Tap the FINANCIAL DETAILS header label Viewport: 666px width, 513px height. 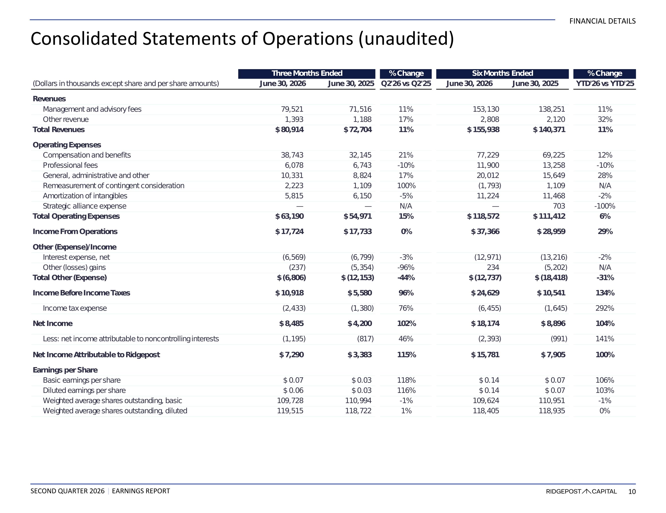(x=602, y=21)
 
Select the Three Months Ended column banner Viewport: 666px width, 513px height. (x=307, y=73)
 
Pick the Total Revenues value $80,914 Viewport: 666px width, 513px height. (x=289, y=130)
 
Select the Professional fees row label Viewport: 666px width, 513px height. (x=70, y=165)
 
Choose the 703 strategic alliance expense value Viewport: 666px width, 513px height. (x=559, y=206)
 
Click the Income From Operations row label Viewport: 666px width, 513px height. (x=75, y=232)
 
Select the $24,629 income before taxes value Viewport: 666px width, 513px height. (x=485, y=293)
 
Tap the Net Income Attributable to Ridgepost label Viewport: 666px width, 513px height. (x=96, y=355)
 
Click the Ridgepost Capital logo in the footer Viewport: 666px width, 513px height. (x=581, y=491)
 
